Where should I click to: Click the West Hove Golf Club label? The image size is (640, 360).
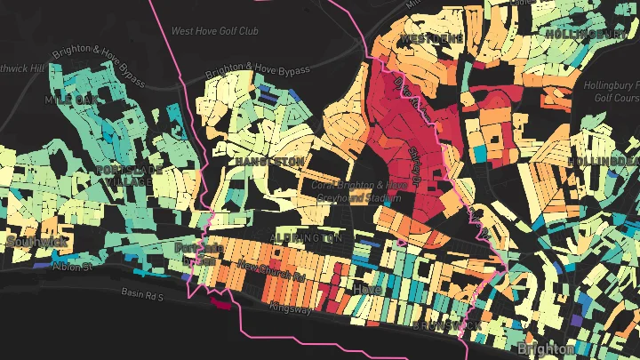[214, 31]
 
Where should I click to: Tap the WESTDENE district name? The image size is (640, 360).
[431, 39]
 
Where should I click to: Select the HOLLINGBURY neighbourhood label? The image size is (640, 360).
[584, 33]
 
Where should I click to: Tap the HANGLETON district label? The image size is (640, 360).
[268, 161]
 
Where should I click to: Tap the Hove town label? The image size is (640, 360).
[368, 289]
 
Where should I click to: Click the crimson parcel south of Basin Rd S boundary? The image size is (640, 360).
[219, 303]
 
